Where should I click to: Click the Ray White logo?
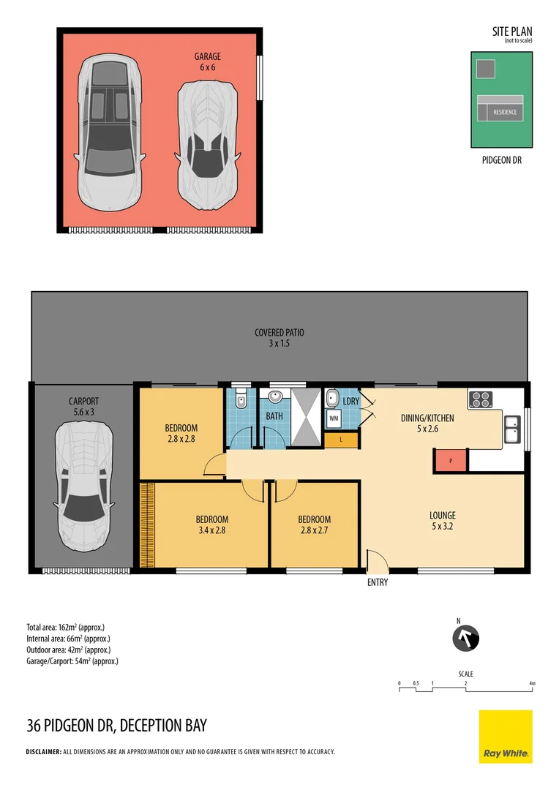(506, 736)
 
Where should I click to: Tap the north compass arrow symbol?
(466, 639)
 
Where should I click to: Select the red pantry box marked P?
(451, 461)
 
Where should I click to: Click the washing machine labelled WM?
(334, 418)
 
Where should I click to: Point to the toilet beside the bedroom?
(241, 399)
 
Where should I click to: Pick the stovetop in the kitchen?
(481, 399)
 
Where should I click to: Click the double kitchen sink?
(513, 429)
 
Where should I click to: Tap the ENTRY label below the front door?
(378, 582)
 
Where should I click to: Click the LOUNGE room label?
(443, 516)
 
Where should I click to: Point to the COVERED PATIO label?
(279, 333)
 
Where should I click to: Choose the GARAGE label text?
(208, 56)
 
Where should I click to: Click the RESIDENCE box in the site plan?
(505, 112)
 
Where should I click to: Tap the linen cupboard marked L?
(341, 440)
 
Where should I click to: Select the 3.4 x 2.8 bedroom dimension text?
(212, 530)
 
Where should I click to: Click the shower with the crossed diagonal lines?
(307, 417)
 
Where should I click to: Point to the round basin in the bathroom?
(275, 397)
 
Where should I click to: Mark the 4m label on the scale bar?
(532, 684)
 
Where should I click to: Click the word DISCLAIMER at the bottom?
(44, 752)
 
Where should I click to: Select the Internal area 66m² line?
(68, 639)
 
